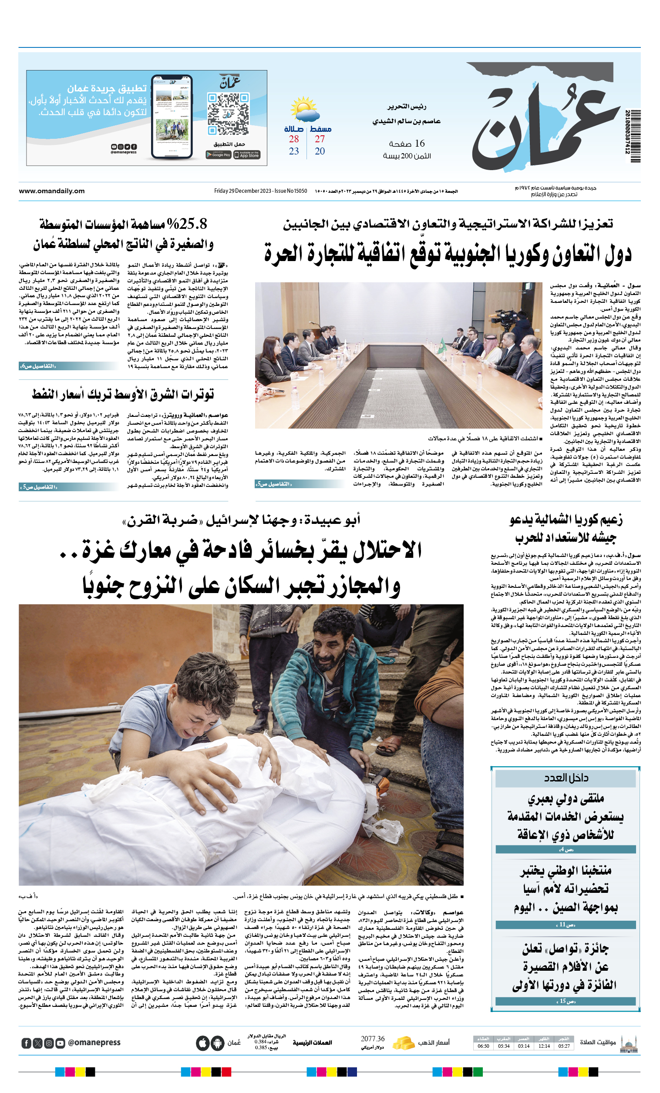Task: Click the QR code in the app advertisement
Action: [x=228, y=114]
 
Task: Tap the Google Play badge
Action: [x=219, y=155]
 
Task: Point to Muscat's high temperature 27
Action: [x=320, y=139]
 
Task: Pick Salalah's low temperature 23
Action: [x=294, y=151]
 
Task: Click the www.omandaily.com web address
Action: [x=51, y=191]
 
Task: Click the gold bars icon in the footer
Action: [x=403, y=1043]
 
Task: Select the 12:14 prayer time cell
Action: [x=544, y=1046]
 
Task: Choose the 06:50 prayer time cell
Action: [x=483, y=1046]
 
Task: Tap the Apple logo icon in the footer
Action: [x=203, y=1043]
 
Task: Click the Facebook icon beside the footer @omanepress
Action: [x=27, y=1043]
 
